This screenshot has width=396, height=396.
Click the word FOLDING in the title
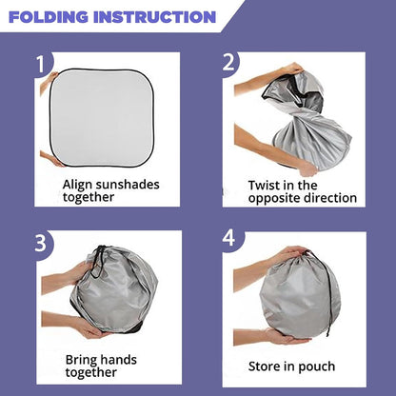(49, 17)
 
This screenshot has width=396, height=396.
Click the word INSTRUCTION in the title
(155, 17)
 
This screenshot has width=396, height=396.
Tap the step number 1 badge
(41, 65)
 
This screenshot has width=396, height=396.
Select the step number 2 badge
(229, 63)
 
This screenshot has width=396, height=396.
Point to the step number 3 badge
(41, 244)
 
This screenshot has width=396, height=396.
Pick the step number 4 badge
(229, 238)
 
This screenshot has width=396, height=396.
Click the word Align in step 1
(77, 185)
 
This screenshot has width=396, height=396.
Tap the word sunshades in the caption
(128, 185)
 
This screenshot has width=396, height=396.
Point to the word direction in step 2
(330, 198)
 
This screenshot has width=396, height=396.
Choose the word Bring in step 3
(81, 361)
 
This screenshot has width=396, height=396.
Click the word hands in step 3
(118, 360)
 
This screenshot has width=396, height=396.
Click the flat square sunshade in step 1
(102, 117)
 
